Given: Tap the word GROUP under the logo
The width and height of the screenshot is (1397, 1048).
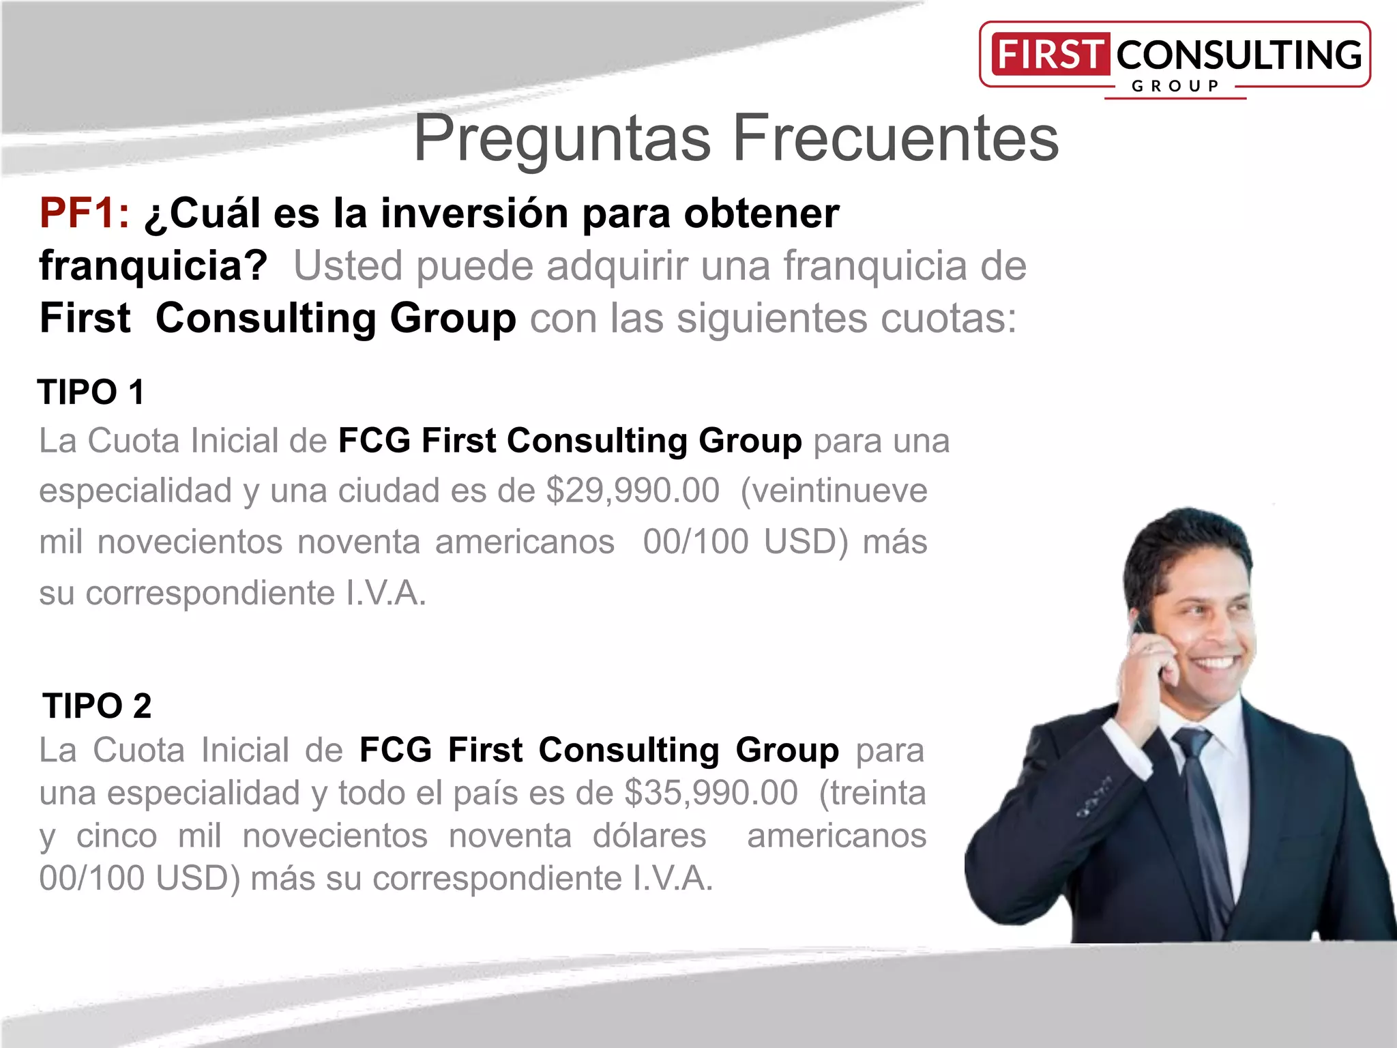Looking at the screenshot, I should pos(1175,86).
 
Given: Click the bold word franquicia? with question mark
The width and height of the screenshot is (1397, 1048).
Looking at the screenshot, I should pos(153,265).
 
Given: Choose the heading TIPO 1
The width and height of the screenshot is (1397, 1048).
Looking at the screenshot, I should pos(91,392).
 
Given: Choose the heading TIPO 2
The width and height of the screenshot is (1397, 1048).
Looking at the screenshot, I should pos(97,705).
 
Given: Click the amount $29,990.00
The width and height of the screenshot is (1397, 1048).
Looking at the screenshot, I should pos(632,491).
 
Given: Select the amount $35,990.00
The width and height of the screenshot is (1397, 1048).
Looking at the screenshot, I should pos(711,793).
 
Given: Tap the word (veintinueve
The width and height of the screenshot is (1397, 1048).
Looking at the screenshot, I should pos(834,491).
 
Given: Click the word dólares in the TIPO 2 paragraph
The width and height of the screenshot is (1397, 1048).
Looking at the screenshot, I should pos(649,836).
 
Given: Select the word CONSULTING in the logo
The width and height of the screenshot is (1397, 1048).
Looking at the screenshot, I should pos(1239,55).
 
